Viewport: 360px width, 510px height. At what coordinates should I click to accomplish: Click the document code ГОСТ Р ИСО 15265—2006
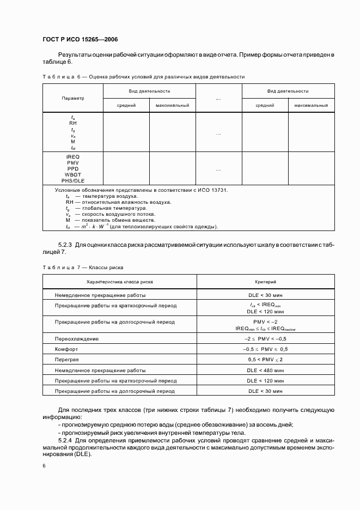click(80, 40)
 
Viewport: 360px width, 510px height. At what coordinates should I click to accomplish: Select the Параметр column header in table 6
click(72, 98)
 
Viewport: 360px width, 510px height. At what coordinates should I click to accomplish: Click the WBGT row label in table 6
click(72, 174)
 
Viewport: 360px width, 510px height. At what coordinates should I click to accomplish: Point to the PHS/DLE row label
click(72, 180)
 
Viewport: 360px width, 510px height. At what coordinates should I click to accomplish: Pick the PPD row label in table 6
click(72, 168)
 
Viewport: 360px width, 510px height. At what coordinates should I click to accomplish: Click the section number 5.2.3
click(66, 245)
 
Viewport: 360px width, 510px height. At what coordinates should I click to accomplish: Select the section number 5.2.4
click(66, 439)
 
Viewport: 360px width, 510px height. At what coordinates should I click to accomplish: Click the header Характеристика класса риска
click(119, 282)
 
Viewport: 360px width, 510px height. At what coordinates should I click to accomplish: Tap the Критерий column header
click(266, 282)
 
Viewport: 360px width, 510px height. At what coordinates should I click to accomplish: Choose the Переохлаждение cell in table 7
click(77, 338)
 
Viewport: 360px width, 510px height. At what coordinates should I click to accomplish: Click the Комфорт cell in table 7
click(67, 349)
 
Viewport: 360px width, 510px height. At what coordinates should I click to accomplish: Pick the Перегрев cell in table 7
click(68, 360)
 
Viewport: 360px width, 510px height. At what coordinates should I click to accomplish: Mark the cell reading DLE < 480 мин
click(266, 370)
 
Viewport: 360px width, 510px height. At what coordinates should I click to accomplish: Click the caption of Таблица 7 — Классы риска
click(83, 268)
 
